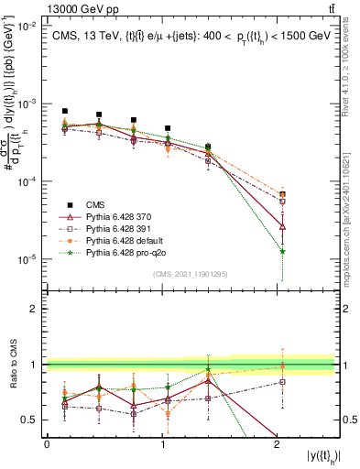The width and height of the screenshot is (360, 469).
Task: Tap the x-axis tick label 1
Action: click(x=161, y=443)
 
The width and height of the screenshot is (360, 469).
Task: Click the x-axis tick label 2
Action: click(x=277, y=443)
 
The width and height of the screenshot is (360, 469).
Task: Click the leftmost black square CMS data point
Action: click(x=65, y=111)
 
